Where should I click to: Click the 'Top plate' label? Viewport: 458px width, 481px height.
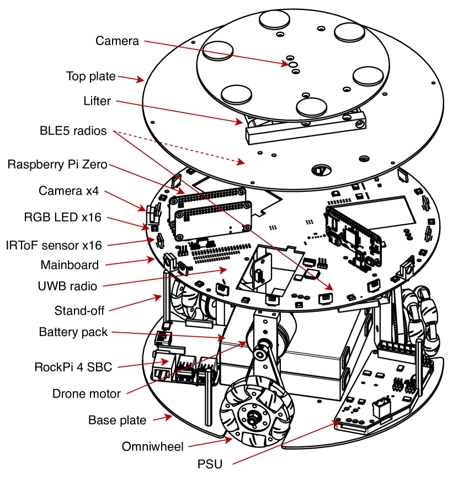[x=91, y=77]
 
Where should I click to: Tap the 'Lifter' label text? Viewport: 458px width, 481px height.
[x=97, y=101]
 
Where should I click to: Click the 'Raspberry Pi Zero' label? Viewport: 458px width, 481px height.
[x=57, y=165]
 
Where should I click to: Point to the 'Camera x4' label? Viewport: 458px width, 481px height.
[x=70, y=191]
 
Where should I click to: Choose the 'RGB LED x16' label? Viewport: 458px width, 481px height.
[x=63, y=217]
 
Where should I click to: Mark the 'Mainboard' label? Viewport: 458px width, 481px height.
[x=70, y=265]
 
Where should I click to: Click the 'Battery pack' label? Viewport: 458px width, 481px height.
[x=73, y=332]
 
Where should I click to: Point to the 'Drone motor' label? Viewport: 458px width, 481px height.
[x=86, y=393]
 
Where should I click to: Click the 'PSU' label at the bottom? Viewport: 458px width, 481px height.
[x=210, y=464]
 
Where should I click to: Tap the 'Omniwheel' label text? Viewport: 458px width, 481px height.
[x=152, y=446]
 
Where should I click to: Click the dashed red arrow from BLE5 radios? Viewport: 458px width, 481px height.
[x=182, y=147]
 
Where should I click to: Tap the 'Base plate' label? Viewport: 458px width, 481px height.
[x=117, y=420]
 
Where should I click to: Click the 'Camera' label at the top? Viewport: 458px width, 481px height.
[x=117, y=41]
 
